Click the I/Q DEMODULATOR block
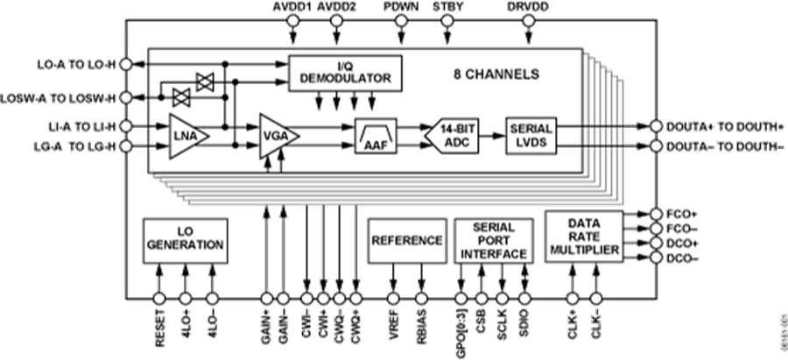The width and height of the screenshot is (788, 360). pos(345,71)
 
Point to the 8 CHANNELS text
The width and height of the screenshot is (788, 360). pos(496,74)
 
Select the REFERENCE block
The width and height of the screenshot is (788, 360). pos(406,240)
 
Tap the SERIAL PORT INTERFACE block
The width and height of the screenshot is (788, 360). pos(493,240)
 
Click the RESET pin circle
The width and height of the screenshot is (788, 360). pos(159,300)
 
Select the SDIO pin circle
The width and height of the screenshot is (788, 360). pos(525,300)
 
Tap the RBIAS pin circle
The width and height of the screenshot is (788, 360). pos(421,300)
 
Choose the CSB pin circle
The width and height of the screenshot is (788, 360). pos(481,300)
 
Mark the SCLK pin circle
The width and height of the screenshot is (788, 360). pos(503,300)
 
